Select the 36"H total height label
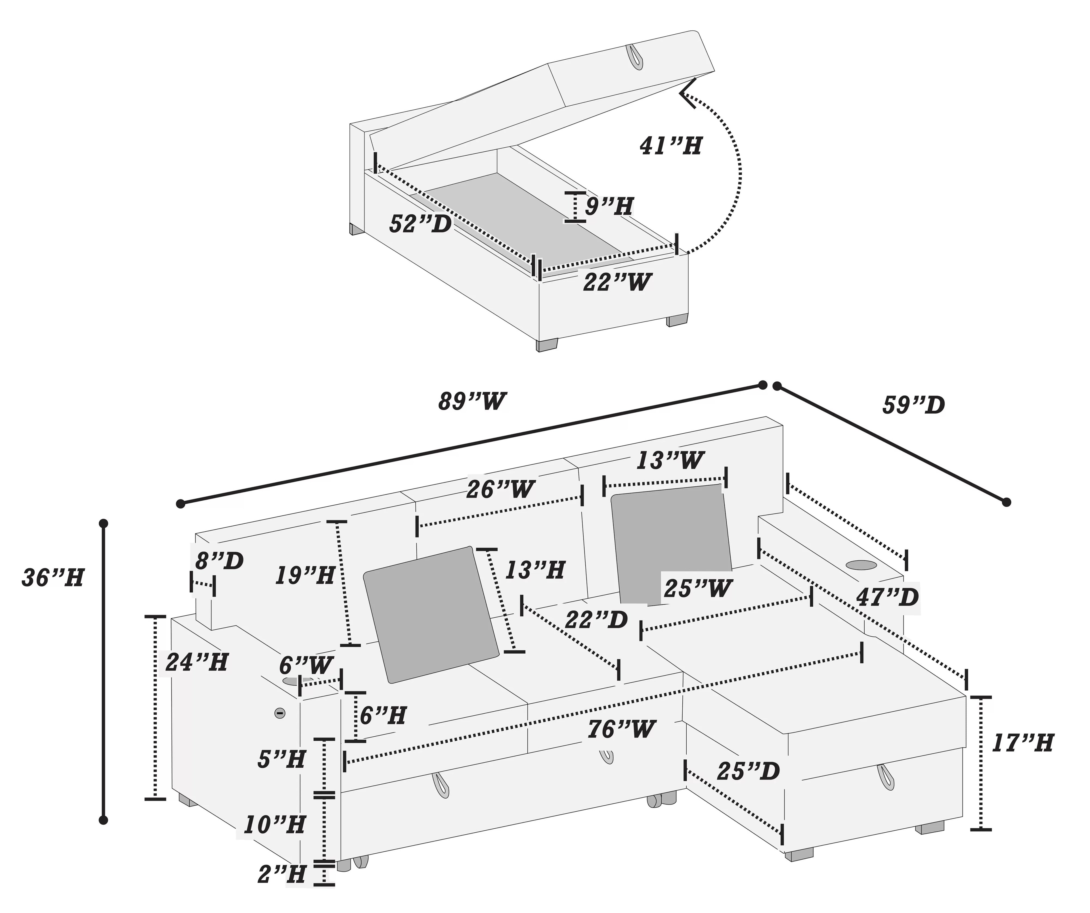(53, 578)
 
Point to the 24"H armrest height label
(196, 662)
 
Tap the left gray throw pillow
(431, 614)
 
